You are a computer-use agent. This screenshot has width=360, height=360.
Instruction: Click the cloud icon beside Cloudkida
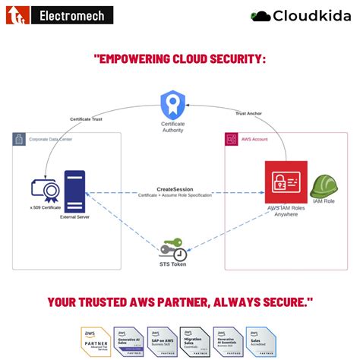click(261, 15)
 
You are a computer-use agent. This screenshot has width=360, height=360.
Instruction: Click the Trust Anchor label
click(248, 113)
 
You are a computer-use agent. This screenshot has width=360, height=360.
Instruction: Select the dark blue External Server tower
click(74, 191)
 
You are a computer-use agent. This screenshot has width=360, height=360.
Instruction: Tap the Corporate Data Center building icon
click(20, 140)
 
